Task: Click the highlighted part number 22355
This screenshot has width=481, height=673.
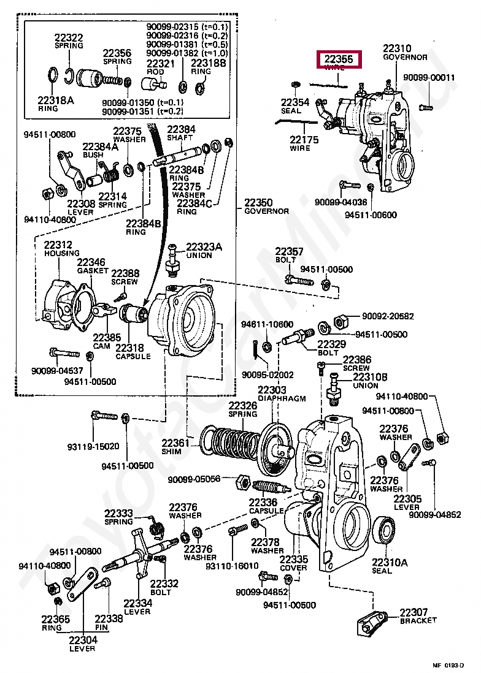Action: pos(339,60)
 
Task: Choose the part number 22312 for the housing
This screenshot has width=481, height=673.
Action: pos(58,245)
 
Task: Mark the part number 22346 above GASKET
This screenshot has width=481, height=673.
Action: pos(91,262)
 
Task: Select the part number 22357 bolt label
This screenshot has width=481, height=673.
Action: pos(289,251)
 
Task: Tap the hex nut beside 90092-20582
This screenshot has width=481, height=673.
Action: pos(341,321)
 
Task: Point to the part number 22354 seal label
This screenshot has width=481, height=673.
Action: pos(295,102)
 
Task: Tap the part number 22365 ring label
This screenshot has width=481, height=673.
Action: pos(52,619)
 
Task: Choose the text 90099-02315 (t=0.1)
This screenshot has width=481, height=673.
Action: pos(186,27)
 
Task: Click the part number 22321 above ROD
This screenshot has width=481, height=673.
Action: pos(160,63)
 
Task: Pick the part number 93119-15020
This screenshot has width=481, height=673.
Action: pos(93,446)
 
